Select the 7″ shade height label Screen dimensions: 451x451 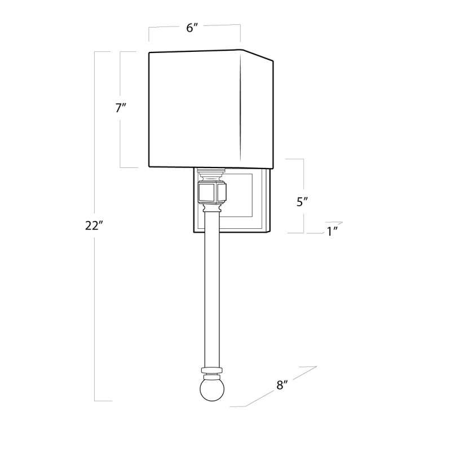tap(121, 108)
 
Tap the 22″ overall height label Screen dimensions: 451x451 tap(94, 225)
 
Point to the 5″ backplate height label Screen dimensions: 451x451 tap(303, 202)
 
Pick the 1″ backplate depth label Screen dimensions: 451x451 tap(332, 231)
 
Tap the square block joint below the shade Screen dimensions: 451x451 tap(213, 192)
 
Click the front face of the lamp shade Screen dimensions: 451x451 tap(194, 109)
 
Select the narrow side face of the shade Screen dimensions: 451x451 tap(257, 109)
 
